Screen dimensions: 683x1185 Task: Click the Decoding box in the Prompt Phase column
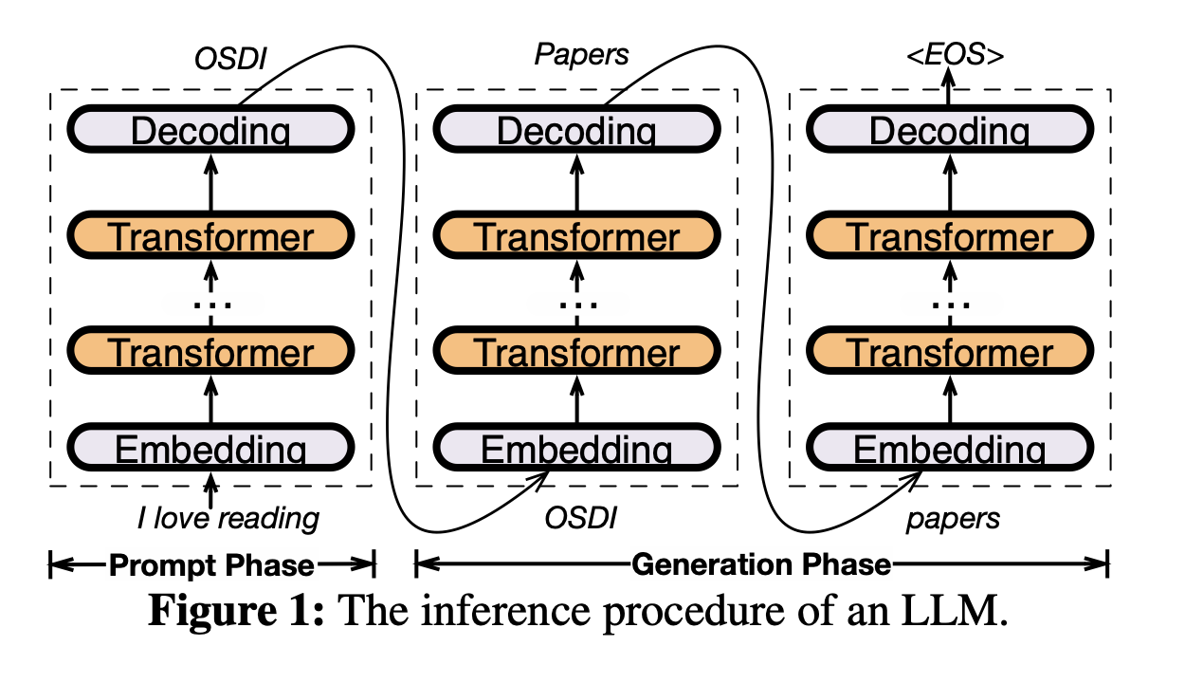(210, 130)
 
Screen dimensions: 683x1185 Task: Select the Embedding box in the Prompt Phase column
(210, 448)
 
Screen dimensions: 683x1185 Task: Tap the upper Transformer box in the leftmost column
(210, 235)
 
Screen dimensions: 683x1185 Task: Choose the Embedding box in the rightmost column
(950, 448)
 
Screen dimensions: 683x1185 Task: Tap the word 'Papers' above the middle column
(581, 55)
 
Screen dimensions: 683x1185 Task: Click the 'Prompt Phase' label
(211, 565)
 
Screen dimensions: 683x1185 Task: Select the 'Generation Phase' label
(761, 565)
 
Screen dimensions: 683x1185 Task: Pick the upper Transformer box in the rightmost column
(950, 235)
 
